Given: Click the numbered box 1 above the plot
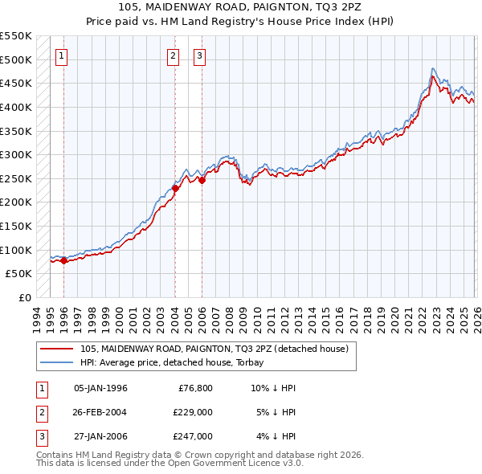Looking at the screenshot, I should coord(63,55).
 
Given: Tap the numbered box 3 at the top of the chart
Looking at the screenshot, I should coord(199,55).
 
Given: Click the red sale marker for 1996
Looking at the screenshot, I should coord(63,260).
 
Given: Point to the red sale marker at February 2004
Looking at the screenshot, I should coord(175,188).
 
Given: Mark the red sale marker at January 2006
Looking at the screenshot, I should coord(202,180).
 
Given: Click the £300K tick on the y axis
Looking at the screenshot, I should coord(17,154).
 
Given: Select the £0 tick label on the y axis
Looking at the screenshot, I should coord(25,297).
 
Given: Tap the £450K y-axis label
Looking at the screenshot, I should coord(17,83).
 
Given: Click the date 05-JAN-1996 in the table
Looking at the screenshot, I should coord(100,388).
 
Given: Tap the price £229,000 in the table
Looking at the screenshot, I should coord(193,412).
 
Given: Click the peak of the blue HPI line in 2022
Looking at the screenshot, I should coord(433,68).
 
